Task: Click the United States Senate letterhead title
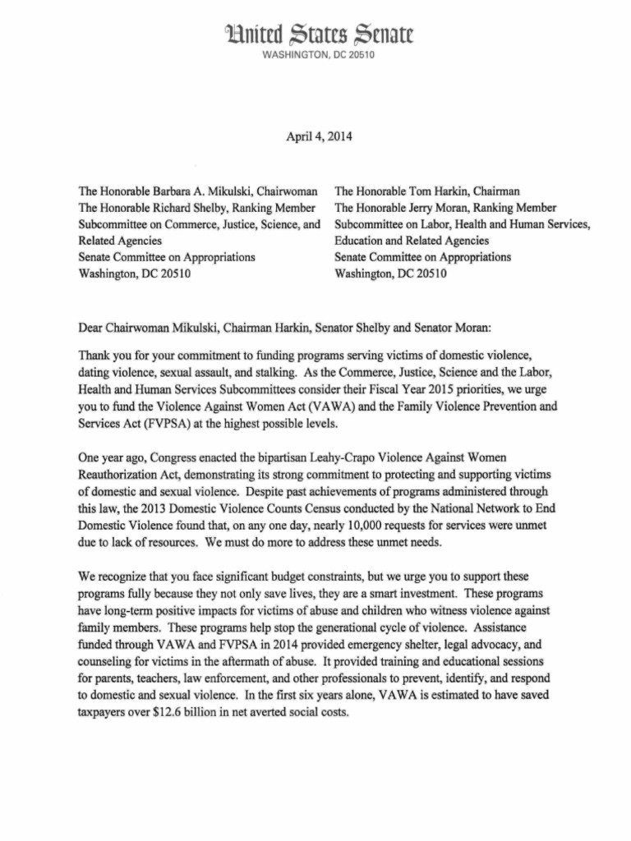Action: pyautogui.click(x=315, y=35)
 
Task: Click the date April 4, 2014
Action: pyautogui.click(x=315, y=136)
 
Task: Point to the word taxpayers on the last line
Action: pyautogui.click(x=105, y=713)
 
